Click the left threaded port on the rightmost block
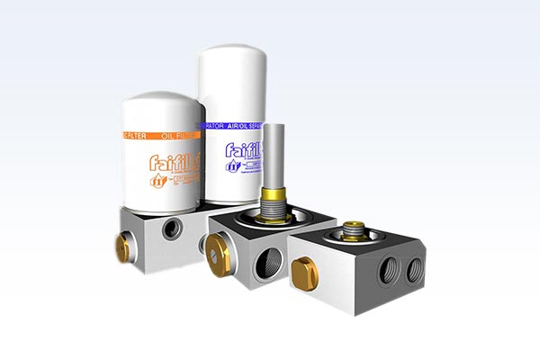click(x=387, y=271)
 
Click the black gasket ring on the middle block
click(x=270, y=221)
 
